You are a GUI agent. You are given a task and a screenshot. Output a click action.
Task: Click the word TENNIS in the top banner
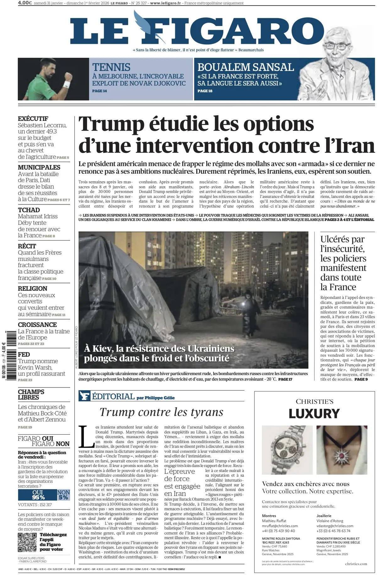[111, 67]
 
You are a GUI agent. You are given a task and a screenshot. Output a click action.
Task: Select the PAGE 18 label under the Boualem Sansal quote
[205, 91]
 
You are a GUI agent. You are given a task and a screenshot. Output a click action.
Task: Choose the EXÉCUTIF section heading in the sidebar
[33, 119]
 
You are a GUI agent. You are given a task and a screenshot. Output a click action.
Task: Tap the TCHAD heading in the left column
[29, 210]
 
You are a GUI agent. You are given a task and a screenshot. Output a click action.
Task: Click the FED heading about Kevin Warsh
[24, 354]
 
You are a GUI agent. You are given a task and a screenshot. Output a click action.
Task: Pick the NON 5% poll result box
[63, 495]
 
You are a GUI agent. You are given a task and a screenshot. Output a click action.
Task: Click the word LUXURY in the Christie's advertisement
[314, 414]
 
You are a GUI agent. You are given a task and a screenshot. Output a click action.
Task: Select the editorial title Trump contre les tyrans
[161, 412]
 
